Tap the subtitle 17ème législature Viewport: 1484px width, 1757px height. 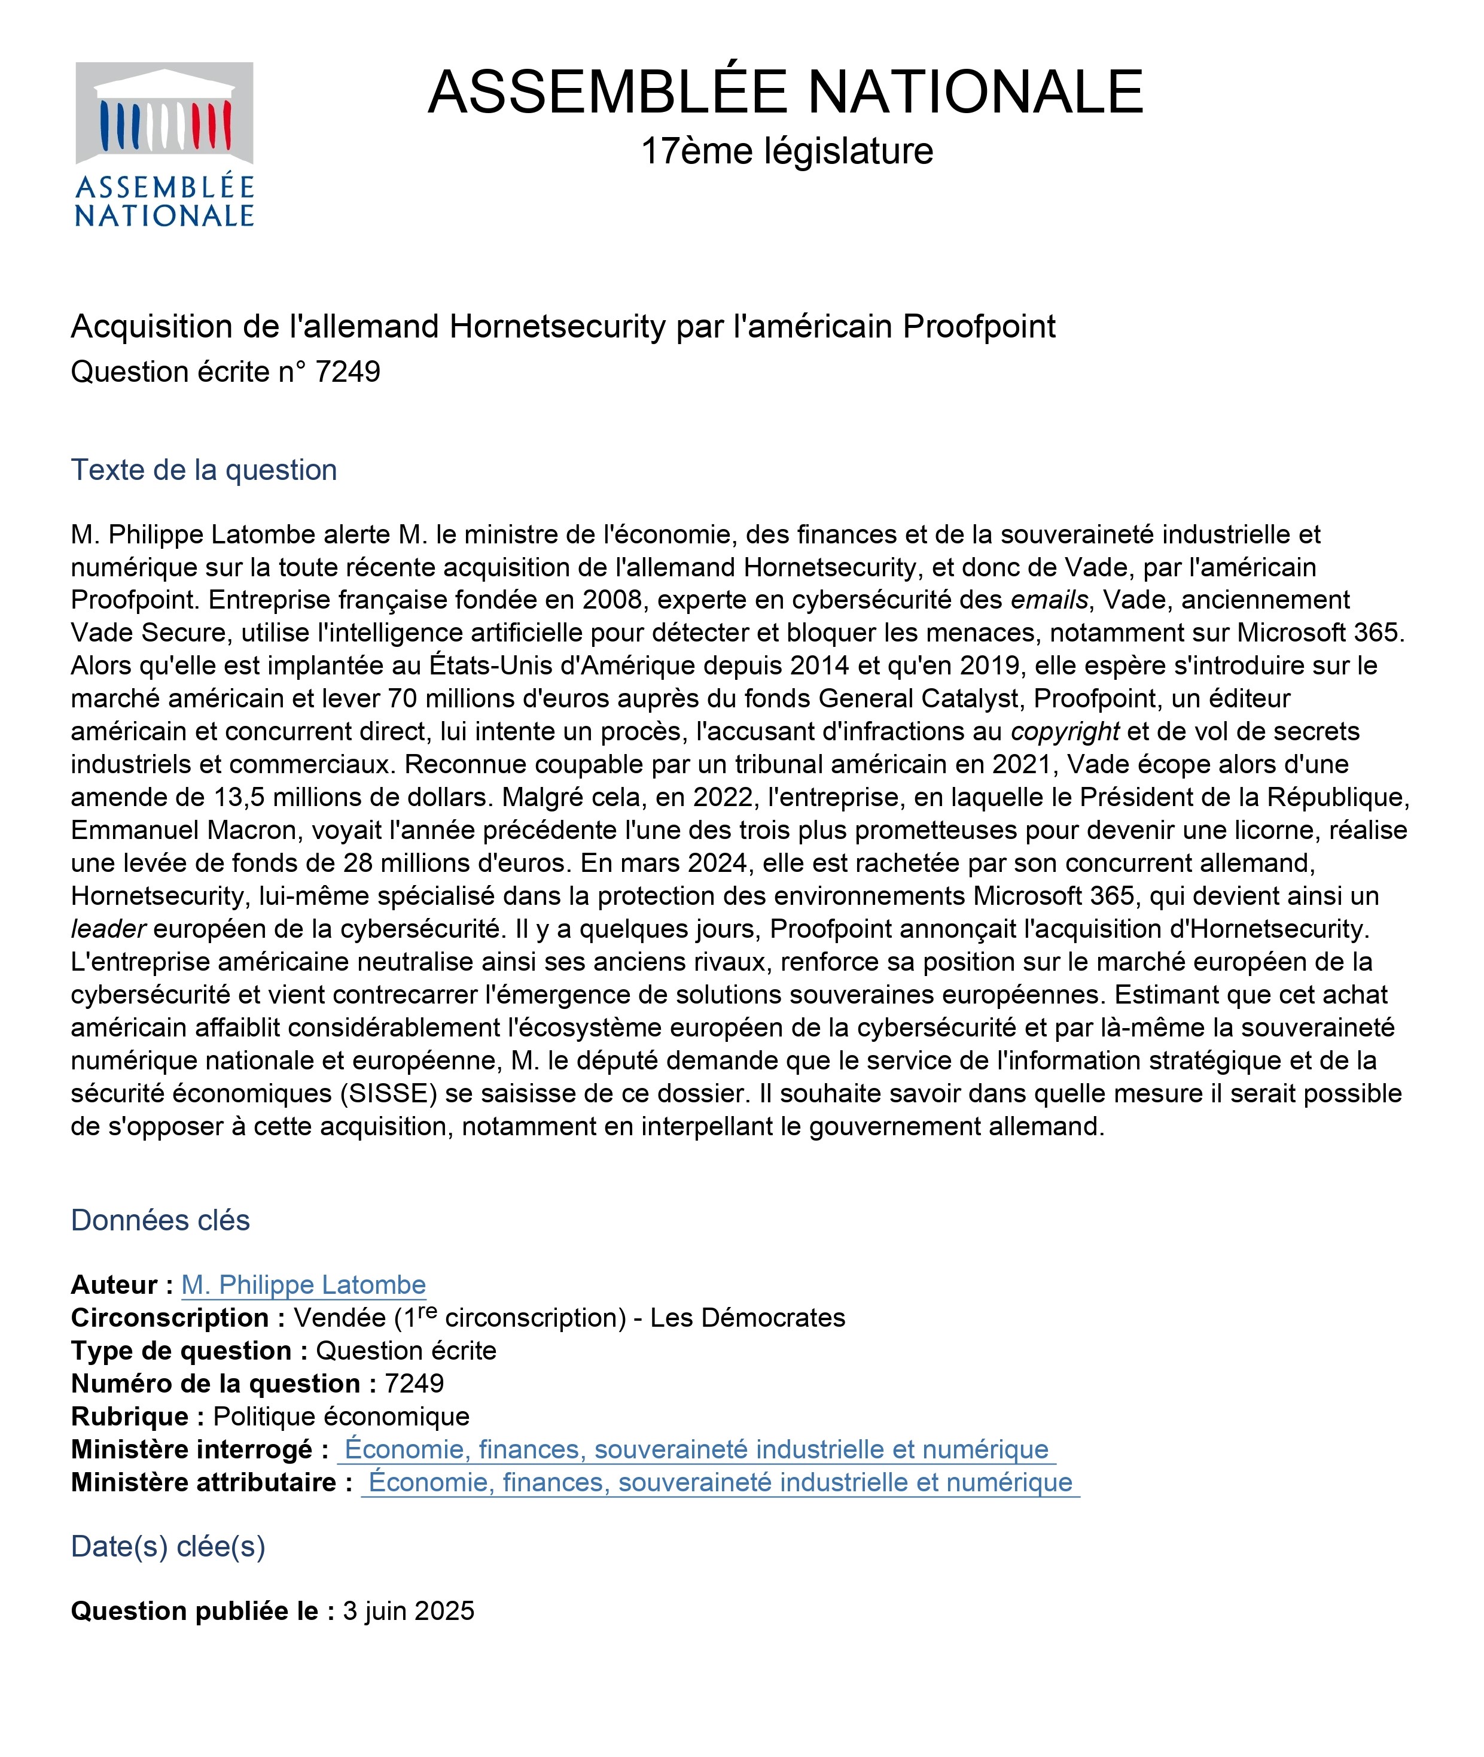pyautogui.click(x=787, y=151)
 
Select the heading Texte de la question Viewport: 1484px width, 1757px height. pyautogui.click(x=203, y=470)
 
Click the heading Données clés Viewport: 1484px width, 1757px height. pyautogui.click(x=160, y=1220)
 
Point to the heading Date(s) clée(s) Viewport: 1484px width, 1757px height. pyautogui.click(x=168, y=1546)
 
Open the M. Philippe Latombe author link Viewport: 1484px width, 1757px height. pyautogui.click(x=304, y=1285)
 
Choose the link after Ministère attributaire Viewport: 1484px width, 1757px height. pyautogui.click(x=720, y=1482)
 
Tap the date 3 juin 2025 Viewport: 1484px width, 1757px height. pyautogui.click(x=409, y=1610)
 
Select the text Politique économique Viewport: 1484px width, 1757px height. pyautogui.click(x=342, y=1416)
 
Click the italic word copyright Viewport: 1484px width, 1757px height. pyautogui.click(x=1065, y=731)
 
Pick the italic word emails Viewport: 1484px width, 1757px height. pyautogui.click(x=1049, y=600)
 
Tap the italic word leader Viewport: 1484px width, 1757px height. pyautogui.click(x=108, y=929)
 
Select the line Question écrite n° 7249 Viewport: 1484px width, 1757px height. pyautogui.click(x=226, y=372)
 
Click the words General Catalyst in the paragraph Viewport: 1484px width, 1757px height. pyautogui.click(x=921, y=698)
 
